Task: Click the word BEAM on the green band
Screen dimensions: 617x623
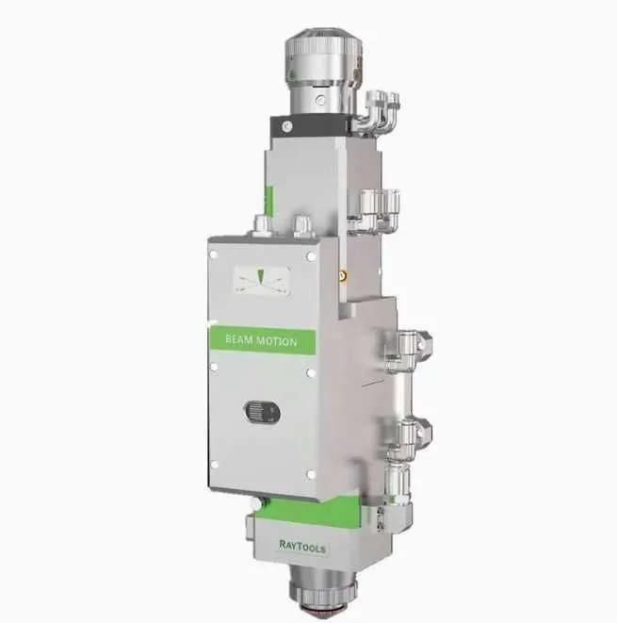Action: click(238, 339)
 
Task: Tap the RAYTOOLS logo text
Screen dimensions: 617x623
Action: click(302, 547)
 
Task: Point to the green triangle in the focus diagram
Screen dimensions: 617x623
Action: click(260, 276)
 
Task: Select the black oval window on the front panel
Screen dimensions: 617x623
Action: click(262, 413)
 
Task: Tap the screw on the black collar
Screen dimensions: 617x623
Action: click(286, 126)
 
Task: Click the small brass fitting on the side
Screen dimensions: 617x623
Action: click(343, 275)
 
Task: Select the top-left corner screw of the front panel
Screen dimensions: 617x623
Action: click(214, 254)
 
